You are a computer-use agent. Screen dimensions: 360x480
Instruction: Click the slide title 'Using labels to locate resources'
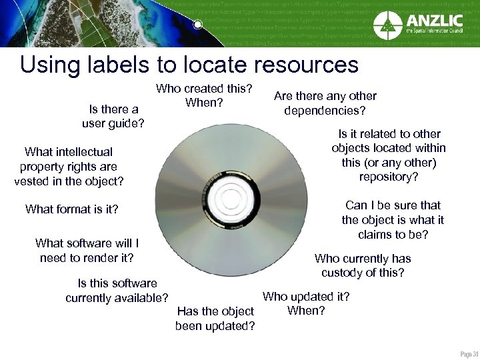coord(189,65)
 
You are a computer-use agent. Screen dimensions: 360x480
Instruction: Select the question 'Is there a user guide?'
coord(113,117)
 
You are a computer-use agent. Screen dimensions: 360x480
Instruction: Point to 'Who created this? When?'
coord(204,96)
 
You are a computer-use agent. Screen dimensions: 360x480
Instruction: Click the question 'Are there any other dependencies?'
coord(325,103)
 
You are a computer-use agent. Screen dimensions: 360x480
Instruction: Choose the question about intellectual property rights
coord(69,166)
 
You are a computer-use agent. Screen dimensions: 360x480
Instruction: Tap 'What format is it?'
coord(72,209)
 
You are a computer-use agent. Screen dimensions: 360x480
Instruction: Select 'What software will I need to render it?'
coord(87,251)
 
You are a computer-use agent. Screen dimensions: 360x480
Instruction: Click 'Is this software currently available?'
coord(117,291)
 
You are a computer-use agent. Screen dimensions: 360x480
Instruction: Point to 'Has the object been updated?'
coord(215,319)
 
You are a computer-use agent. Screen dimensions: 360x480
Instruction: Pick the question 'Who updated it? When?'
coord(306,303)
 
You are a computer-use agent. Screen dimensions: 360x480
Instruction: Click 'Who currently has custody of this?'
coord(363,265)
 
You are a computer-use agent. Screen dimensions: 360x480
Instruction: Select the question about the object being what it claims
coord(393,220)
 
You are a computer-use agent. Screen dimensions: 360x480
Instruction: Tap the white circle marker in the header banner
coord(197,25)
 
